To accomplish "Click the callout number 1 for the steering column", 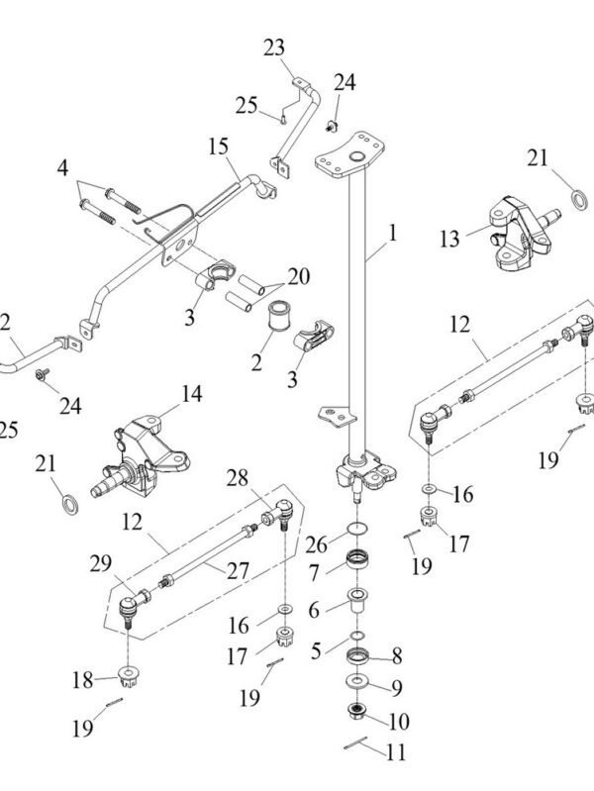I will pos(393,234).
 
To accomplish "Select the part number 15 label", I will pos(218,147).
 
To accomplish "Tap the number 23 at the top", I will pos(273,47).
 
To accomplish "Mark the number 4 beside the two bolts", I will pos(62,168).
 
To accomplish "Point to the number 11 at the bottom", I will pos(396,752).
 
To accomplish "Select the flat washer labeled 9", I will pos(357,684).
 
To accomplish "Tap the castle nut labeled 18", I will pos(130,679).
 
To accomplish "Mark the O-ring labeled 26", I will pos(358,529).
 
